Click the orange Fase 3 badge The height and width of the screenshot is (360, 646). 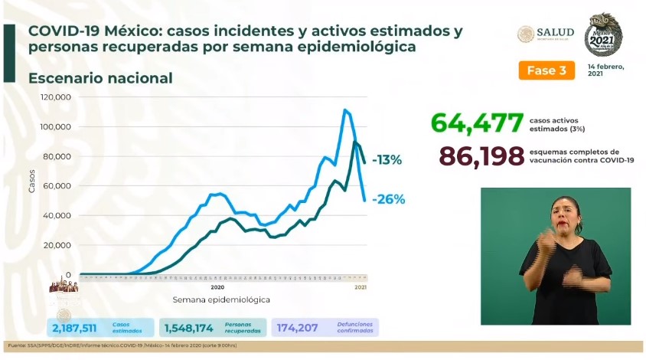coord(546,70)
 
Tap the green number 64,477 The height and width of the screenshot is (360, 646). coord(477,123)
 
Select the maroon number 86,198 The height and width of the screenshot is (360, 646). coord(481,155)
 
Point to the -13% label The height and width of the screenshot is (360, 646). coord(387,161)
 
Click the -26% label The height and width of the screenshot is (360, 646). coord(388,199)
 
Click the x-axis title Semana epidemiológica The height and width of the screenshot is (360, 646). coord(220,299)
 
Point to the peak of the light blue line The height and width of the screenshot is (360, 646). coord(345,110)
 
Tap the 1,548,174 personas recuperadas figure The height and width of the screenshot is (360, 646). coord(191,328)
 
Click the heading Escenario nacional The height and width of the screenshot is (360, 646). coord(100,78)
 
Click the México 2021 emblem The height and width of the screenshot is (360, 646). coord(603,34)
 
